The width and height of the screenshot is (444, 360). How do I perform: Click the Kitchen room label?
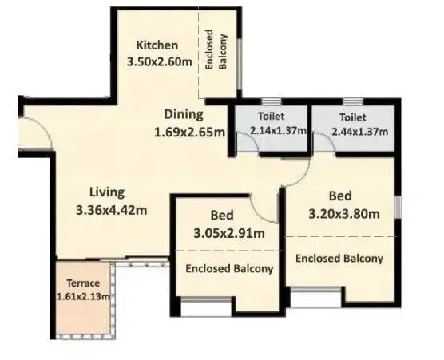tap(157, 45)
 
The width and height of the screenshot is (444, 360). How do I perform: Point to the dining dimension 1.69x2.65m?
tap(189, 132)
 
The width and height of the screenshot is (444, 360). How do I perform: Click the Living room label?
tap(106, 192)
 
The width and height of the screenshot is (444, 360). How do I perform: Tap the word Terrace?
tap(83, 283)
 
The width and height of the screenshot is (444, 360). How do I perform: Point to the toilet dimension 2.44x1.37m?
tap(351, 130)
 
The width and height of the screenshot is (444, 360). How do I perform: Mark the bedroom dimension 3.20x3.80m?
tap(343, 213)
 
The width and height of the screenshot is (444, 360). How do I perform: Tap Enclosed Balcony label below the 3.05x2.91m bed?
tap(229, 269)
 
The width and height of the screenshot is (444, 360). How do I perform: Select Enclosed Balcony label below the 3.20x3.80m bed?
tap(339, 258)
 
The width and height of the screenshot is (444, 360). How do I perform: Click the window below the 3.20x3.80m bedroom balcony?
tap(312, 298)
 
